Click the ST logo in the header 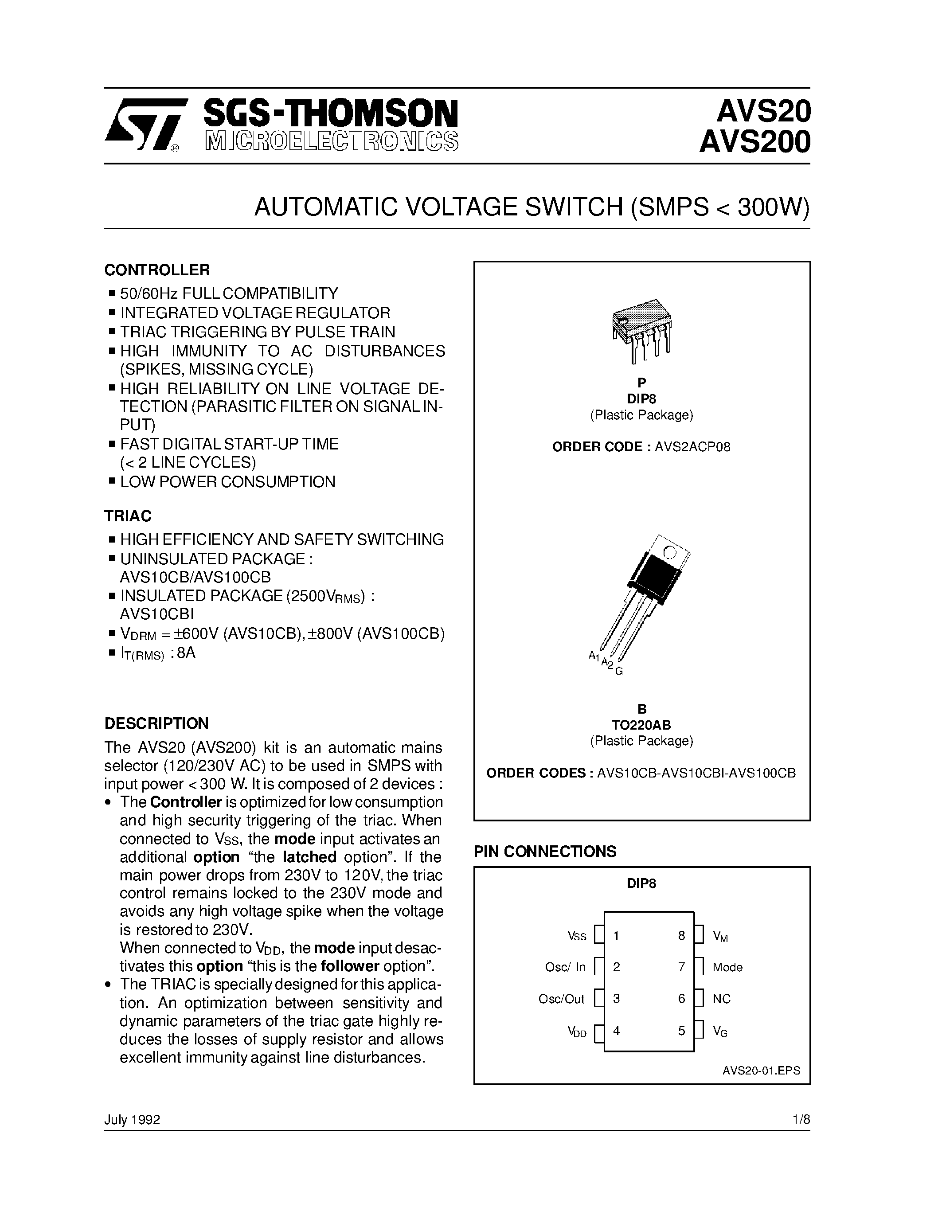coord(144,125)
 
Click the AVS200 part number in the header coord(754,142)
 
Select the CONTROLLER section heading coord(157,270)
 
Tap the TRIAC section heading coord(128,516)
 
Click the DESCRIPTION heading coord(156,723)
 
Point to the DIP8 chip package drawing coord(642,330)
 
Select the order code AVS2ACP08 coord(692,447)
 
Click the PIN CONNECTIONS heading coord(545,851)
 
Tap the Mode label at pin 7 coord(727,967)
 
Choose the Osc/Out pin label coord(561,999)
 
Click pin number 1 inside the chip coord(616,935)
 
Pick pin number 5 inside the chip coord(681,1031)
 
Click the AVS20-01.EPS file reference coord(761,1071)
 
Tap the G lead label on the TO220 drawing coord(619,672)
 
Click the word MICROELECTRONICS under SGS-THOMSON coord(332,142)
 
